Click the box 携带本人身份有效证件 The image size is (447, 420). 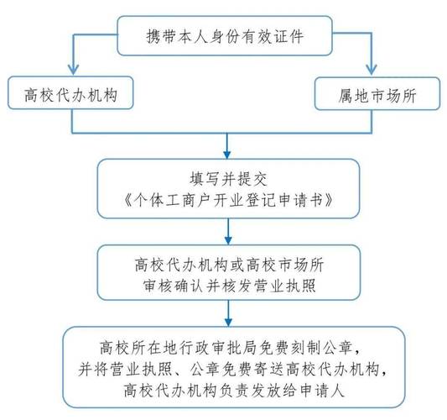[x=225, y=35]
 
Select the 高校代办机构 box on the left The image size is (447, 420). [x=70, y=92]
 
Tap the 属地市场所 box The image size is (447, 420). [x=377, y=93]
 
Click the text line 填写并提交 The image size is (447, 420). [x=228, y=179]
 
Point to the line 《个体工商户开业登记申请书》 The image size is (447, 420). [x=228, y=200]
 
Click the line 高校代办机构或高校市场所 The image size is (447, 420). [x=229, y=265]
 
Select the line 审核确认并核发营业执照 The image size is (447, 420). [x=229, y=286]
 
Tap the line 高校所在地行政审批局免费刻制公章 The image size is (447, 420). [x=229, y=348]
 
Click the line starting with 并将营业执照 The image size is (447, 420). [x=233, y=369]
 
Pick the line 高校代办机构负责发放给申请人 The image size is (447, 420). [x=234, y=390]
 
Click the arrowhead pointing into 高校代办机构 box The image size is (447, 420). [x=73, y=70]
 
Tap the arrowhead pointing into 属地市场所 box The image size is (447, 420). [x=372, y=70]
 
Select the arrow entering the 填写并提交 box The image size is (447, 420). [x=227, y=146]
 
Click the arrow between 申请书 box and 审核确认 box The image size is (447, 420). [x=228, y=232]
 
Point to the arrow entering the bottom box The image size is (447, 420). [x=228, y=313]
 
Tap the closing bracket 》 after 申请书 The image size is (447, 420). [x=329, y=200]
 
